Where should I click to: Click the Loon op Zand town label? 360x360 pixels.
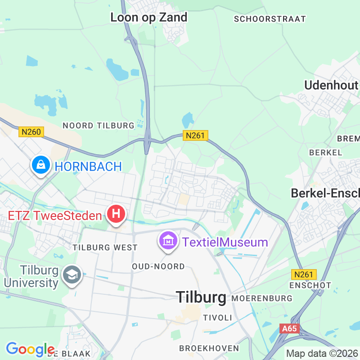[149, 18]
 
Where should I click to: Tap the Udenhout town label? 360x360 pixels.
[331, 85]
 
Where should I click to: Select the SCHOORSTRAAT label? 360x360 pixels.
[270, 19]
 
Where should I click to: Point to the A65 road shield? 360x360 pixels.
[289, 329]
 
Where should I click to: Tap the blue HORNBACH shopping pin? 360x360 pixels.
[41, 165]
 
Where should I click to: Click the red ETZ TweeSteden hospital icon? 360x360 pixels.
[116, 213]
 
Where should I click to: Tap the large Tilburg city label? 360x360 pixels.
[201, 297]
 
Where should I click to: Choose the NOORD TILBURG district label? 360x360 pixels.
[99, 126]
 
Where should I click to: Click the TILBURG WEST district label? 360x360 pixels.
[105, 247]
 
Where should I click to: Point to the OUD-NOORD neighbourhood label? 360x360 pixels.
[158, 267]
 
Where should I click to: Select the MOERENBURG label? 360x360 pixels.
[262, 298]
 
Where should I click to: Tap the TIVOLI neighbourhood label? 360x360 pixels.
[218, 318]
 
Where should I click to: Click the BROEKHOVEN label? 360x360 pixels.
[209, 348]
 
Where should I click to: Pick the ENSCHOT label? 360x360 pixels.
[310, 285]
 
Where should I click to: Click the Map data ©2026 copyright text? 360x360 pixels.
[322, 353]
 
